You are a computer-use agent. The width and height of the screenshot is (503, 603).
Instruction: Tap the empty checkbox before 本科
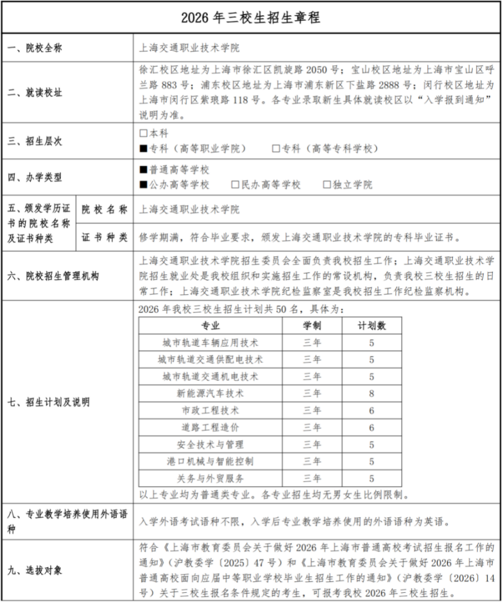(143, 134)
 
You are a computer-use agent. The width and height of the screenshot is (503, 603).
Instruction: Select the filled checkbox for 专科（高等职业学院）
(143, 148)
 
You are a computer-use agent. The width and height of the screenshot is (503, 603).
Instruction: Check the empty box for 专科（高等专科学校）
(276, 148)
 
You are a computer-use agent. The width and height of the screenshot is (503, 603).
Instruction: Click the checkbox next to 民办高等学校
(235, 185)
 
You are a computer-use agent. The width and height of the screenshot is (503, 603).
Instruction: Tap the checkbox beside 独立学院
(327, 185)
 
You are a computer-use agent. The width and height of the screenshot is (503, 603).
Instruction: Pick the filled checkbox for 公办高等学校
(143, 185)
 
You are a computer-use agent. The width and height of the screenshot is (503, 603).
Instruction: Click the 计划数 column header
(372, 326)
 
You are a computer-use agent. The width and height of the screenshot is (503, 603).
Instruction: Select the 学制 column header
(312, 326)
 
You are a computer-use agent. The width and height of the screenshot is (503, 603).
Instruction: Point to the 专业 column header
(211, 326)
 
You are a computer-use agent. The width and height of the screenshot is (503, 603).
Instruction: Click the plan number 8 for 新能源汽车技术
(372, 393)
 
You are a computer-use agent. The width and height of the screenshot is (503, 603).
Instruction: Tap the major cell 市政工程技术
(211, 411)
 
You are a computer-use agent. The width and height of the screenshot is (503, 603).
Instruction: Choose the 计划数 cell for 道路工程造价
(372, 427)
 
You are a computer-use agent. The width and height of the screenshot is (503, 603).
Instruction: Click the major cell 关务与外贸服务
(211, 478)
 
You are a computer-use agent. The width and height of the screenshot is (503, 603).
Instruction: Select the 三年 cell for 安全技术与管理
(312, 445)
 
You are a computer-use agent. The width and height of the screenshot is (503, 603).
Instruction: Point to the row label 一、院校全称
(35, 48)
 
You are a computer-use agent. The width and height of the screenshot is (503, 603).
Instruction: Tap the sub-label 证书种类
(105, 237)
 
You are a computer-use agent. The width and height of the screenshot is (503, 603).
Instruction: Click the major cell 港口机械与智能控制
(211, 461)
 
